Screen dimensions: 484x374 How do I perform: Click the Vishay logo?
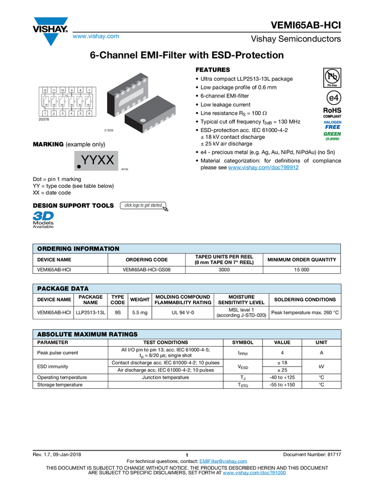click(x=50, y=31)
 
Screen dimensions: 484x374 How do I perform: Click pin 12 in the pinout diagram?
click(x=44, y=91)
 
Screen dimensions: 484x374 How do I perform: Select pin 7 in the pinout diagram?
click(x=89, y=91)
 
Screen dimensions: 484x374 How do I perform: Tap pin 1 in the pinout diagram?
click(x=44, y=113)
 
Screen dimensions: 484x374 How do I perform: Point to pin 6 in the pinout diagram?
click(x=89, y=113)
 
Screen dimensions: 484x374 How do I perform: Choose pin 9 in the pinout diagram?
click(x=71, y=91)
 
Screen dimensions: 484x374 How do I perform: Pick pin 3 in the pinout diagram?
click(x=63, y=113)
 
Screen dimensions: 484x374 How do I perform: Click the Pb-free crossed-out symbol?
click(x=332, y=76)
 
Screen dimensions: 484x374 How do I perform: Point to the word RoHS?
click(x=332, y=110)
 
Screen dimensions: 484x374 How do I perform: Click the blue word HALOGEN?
click(x=332, y=122)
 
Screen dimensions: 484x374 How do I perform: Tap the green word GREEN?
click(x=332, y=134)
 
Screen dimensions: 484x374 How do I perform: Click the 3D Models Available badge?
click(x=43, y=220)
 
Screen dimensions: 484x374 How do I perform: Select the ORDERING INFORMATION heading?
click(x=78, y=249)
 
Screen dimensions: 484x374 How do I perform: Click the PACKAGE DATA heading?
click(x=63, y=289)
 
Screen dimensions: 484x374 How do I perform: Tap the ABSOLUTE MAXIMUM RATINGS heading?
click(x=87, y=334)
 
